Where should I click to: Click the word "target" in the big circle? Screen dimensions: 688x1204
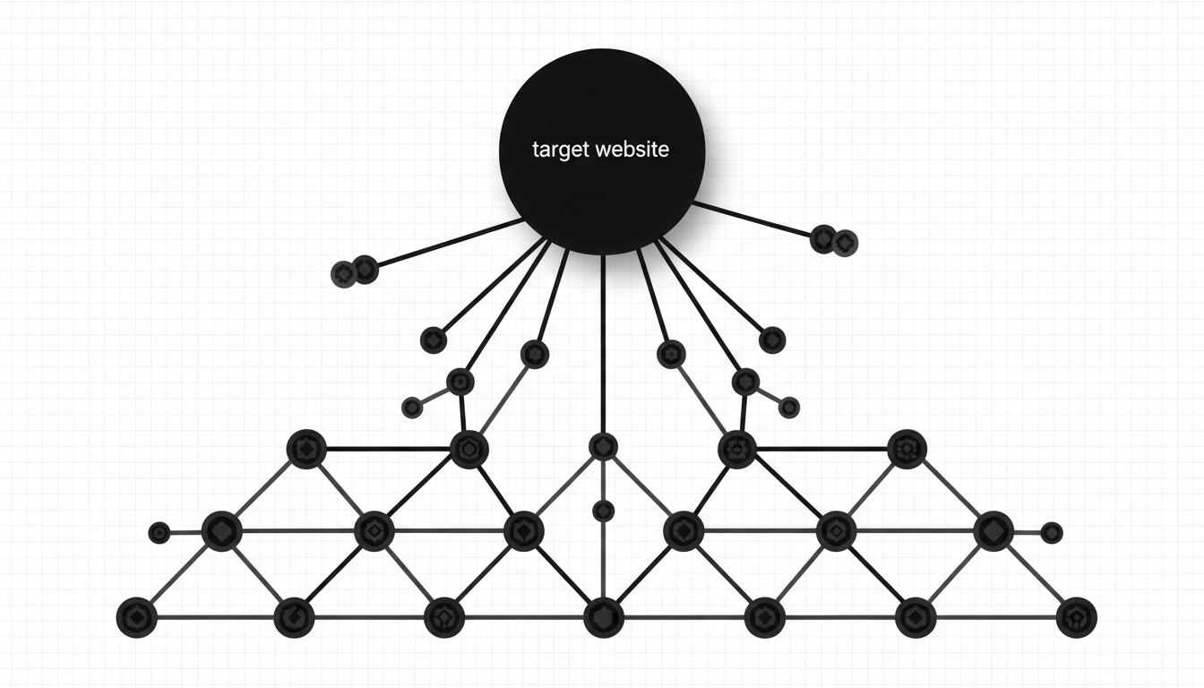[559, 150]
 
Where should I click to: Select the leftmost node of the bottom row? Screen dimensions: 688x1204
[137, 616]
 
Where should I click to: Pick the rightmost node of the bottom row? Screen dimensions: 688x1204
[1076, 616]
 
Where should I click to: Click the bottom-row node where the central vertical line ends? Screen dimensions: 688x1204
[603, 616]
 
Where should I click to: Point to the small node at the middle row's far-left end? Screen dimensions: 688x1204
[159, 533]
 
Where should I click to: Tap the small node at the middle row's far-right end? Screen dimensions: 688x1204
[1052, 532]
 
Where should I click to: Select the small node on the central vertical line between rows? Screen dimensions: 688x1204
[603, 511]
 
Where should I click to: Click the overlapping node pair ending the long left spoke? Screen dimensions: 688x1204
[355, 271]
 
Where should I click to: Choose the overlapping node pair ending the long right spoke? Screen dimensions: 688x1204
[834, 240]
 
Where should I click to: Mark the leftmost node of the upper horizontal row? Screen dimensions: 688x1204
[305, 448]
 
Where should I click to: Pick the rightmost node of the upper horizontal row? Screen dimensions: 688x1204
[907, 450]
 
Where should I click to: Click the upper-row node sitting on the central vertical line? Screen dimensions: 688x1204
[603, 447]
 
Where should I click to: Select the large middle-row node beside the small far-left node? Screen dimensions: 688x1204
[220, 531]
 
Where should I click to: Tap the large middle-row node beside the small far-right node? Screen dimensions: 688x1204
[992, 531]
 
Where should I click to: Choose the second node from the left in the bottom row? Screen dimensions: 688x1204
[294, 616]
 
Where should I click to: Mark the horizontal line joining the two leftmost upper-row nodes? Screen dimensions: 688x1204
[387, 447]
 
